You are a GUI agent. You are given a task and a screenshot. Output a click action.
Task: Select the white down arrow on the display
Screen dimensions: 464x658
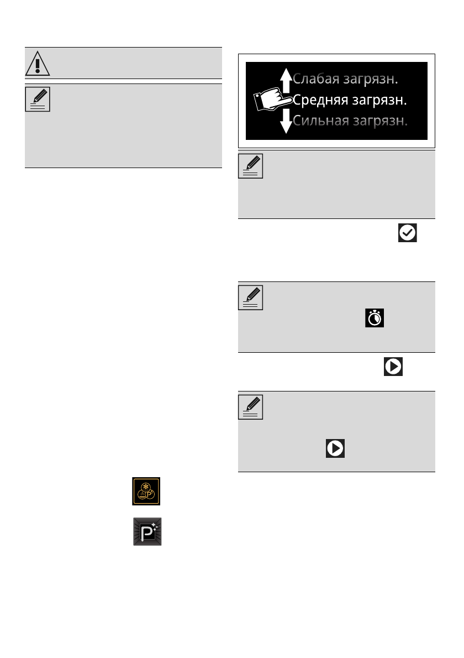[x=285, y=121]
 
